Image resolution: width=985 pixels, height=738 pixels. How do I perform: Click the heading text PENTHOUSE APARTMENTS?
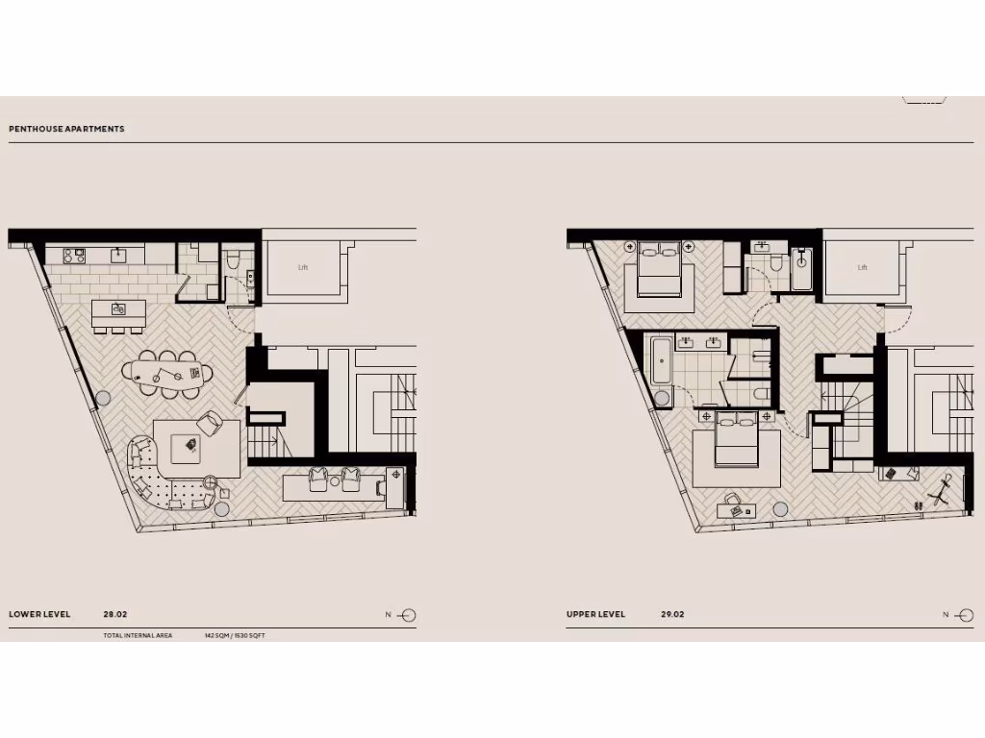[x=66, y=129]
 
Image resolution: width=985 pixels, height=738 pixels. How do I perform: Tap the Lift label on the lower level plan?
[x=303, y=267]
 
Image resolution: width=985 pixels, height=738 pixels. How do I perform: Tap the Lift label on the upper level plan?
[x=862, y=267]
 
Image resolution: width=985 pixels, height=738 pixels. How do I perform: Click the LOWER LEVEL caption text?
[x=39, y=614]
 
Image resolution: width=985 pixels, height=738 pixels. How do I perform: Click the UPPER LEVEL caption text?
[x=595, y=614]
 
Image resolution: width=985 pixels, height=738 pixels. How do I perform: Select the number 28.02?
[x=115, y=614]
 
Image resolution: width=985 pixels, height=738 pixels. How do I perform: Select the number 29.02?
[x=672, y=614]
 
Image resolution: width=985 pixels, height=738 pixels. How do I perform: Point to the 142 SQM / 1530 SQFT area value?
[x=234, y=636]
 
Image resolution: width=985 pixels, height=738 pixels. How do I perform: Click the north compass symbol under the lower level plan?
[x=406, y=616]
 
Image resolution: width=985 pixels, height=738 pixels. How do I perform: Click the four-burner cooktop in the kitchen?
[x=75, y=255]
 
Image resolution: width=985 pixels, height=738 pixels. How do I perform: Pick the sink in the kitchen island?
[x=118, y=309]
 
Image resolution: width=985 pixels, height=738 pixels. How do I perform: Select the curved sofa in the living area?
[x=154, y=477]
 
